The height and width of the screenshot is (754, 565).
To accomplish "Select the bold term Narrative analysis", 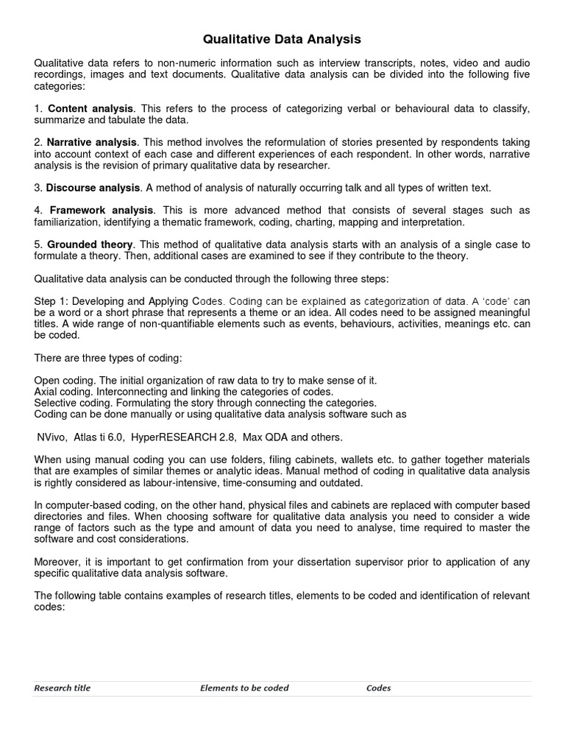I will point(92,141).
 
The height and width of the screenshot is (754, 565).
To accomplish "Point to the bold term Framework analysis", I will point(102,211).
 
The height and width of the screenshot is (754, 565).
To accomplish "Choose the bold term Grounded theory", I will point(90,244).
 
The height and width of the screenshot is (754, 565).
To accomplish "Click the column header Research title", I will point(63,688).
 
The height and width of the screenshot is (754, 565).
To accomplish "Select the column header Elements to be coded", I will point(244,688).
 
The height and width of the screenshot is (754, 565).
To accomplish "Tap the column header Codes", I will point(378,688).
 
